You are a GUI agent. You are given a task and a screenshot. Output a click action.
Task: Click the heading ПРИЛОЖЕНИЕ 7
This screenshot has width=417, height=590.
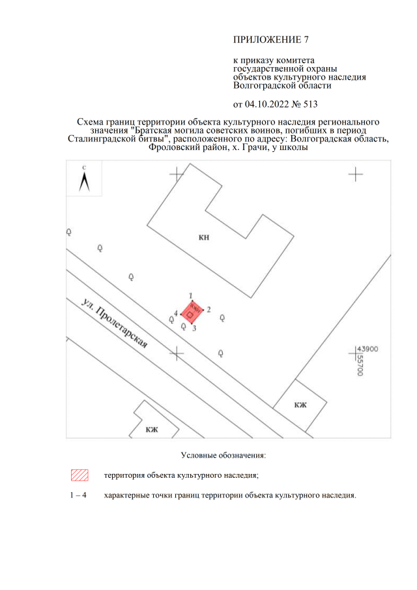point(271,40)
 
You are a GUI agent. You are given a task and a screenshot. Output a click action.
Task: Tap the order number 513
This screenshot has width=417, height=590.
point(310,104)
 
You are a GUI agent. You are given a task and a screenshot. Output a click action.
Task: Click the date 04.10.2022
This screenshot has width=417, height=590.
point(266,104)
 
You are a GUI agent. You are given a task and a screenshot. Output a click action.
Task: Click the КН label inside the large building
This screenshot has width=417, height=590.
point(204,237)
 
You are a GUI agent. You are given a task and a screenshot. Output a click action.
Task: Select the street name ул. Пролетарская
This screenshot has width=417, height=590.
point(114,324)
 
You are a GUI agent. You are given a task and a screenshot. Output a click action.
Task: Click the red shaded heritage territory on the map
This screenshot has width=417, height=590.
point(192,312)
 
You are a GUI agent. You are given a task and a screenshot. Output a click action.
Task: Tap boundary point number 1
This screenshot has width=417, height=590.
point(191,296)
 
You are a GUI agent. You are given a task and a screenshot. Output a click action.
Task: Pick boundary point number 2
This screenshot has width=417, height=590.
point(208,310)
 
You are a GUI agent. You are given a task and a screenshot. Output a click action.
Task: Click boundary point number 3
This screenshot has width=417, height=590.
point(194,329)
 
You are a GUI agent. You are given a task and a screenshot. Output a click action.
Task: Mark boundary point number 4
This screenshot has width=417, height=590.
point(176,313)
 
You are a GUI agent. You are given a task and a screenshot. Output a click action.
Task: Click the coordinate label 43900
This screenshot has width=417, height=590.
point(367,349)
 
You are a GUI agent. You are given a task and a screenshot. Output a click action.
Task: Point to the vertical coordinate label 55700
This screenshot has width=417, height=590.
point(360,364)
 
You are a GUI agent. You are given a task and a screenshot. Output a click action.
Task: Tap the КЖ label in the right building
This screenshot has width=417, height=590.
point(300,405)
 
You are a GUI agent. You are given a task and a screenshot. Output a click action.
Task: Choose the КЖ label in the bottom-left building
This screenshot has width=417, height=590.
point(152,430)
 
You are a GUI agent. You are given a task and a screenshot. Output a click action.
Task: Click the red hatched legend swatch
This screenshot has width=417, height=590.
point(79,475)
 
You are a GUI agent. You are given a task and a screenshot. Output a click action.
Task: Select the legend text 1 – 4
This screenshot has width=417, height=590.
point(78,495)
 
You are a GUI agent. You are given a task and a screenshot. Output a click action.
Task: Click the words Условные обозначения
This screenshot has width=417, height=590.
point(223,455)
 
